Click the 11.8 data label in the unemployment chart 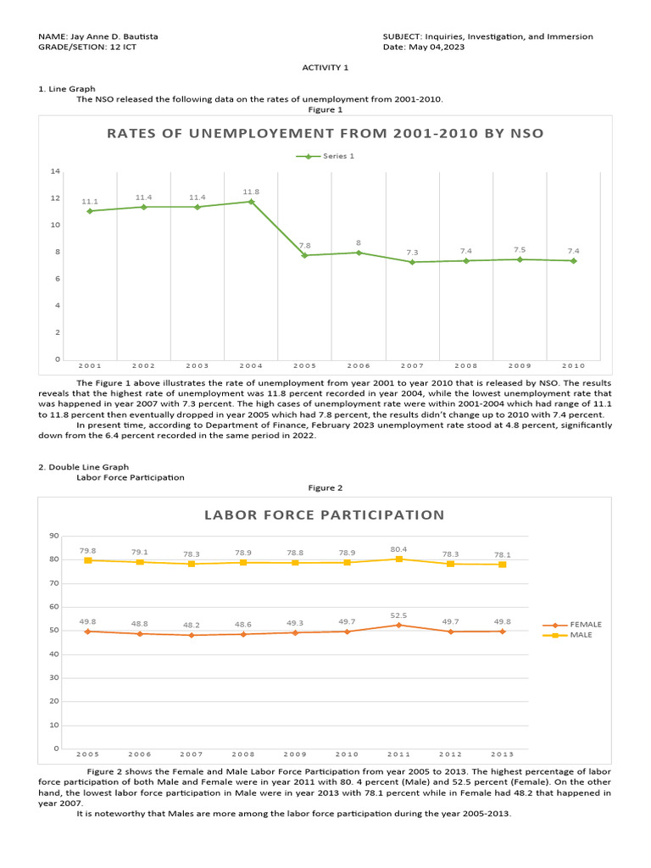click(x=251, y=192)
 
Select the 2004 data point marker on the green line click(x=251, y=202)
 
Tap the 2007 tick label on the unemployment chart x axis click(x=412, y=365)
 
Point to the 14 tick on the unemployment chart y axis click(x=55, y=171)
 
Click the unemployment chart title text click(x=325, y=133)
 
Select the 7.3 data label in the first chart click(x=412, y=253)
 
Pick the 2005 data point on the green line click(x=305, y=255)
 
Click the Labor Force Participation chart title click(x=324, y=515)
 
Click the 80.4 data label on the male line click(x=398, y=549)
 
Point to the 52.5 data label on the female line click(x=398, y=615)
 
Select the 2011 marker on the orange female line click(x=398, y=625)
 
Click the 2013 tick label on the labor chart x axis click(x=502, y=754)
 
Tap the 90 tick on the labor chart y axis click(x=53, y=536)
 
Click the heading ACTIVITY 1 click(x=325, y=67)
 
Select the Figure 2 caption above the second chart click(x=325, y=487)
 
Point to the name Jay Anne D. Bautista click(x=116, y=37)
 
